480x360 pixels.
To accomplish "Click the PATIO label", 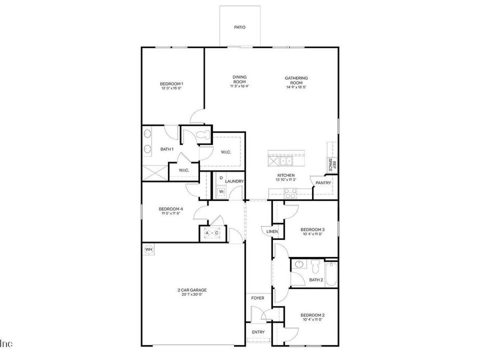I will coord(239,27).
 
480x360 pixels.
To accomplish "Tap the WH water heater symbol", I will coord(149,249).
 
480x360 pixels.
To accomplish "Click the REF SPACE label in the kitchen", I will coord(332,164).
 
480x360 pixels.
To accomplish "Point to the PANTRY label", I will coord(323,183).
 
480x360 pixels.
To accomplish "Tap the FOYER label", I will coord(258,298).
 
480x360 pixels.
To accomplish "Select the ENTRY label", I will coord(258,332).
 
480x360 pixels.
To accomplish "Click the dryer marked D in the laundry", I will coord(221,178).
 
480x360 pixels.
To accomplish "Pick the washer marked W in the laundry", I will coord(221,191).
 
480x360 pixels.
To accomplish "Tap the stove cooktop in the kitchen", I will coord(291,193).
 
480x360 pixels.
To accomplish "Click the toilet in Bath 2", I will coord(316,265).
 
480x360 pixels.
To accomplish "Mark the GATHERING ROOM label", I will coord(296,81).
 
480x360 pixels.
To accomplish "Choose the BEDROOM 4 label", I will coord(171,209).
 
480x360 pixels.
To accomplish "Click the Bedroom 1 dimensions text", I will coord(172,89).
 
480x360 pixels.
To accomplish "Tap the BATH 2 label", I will coord(316,279).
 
